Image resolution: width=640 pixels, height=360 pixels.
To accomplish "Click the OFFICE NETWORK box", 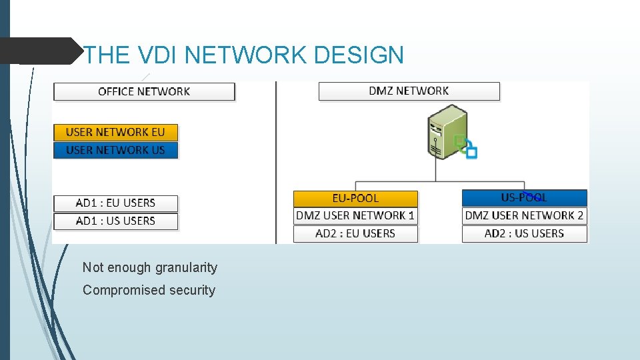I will [144, 91].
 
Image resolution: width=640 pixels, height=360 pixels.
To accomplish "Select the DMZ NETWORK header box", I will [409, 91].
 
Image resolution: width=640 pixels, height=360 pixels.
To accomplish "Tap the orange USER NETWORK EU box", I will [115, 132].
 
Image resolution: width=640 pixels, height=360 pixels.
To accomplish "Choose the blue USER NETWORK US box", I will [115, 150].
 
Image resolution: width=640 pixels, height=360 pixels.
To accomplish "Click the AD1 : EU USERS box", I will [115, 203].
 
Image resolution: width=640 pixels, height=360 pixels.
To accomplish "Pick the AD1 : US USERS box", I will [115, 221].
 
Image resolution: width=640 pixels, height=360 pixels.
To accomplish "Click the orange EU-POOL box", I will [355, 198].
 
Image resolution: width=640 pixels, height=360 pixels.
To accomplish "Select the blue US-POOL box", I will [524, 197].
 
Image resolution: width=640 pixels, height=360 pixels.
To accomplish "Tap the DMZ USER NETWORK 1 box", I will [355, 215].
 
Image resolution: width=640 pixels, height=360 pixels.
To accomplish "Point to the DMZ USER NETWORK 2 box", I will [524, 215].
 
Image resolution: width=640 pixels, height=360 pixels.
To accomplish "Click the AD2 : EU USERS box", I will [355, 233].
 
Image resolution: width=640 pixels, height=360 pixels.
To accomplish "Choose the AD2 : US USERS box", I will [524, 233].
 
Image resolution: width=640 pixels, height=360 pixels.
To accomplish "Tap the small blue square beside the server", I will [471, 153].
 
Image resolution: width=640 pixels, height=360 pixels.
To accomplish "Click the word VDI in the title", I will [157, 55].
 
